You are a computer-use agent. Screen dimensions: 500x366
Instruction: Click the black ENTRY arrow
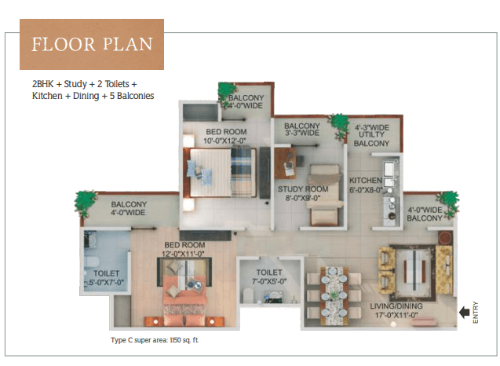click(x=465, y=312)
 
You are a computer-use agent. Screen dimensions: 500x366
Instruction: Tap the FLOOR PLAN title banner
click(x=92, y=44)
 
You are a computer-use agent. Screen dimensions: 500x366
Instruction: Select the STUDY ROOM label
click(x=303, y=194)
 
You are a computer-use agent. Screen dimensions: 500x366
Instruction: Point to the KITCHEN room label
click(x=366, y=185)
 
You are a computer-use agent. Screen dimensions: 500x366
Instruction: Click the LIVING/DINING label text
click(x=396, y=310)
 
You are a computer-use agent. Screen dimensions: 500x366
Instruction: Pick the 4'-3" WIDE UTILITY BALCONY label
click(x=372, y=136)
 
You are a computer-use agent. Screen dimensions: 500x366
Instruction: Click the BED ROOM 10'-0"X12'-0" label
click(x=226, y=136)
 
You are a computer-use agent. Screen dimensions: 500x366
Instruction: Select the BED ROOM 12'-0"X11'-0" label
click(x=184, y=249)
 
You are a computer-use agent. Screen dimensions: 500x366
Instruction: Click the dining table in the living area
click(x=334, y=296)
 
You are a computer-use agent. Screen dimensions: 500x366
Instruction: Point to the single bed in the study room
click(x=325, y=196)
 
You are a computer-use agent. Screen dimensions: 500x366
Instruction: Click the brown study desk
click(x=286, y=163)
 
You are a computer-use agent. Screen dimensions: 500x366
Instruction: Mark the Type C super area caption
click(x=155, y=340)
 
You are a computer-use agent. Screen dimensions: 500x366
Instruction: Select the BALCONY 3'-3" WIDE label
click(x=302, y=130)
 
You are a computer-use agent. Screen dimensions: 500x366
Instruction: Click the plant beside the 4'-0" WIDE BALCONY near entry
click(x=449, y=203)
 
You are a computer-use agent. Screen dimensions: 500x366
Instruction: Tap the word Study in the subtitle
click(x=75, y=84)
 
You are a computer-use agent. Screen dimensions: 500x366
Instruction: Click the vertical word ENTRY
click(x=476, y=313)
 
